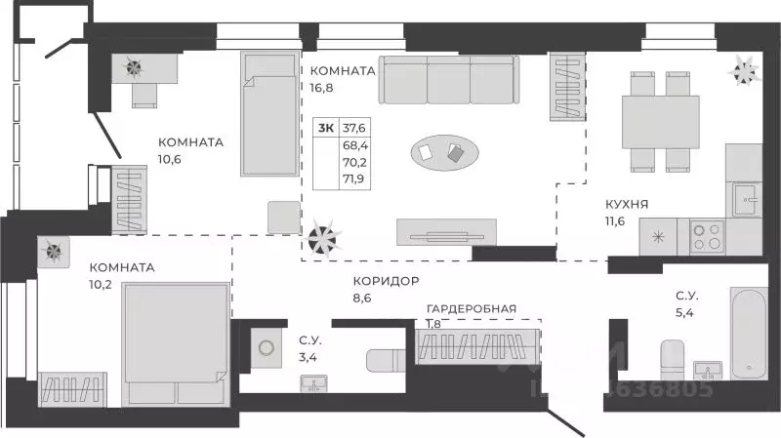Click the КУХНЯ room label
pos(626,205)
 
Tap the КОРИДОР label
pos(387,281)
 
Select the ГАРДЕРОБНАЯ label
pos(471,309)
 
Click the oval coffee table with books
pos(444,152)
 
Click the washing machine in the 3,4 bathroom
pos(265,345)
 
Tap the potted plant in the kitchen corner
pos(744,67)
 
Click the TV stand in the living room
pos(446,231)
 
